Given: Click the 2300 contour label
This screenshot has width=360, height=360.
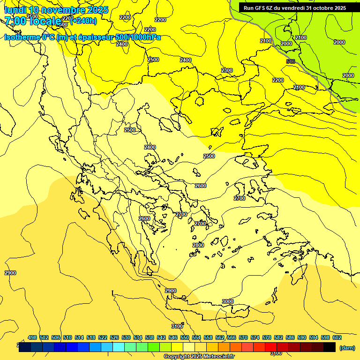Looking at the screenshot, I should point(227,70).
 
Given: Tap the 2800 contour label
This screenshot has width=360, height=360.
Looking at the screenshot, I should point(198,245).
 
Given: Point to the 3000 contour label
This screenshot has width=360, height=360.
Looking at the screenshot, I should point(228,301).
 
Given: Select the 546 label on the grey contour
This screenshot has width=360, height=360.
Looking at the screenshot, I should point(291,61).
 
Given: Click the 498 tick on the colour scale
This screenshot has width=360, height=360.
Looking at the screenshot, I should point(32,337).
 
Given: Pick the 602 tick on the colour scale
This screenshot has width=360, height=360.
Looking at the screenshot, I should point(337,337).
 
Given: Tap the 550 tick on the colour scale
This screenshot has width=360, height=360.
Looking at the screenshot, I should point(185,337).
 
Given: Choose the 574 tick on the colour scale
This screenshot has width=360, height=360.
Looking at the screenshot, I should point(255,337).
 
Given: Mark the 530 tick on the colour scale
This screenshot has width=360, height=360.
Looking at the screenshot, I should point(126,337).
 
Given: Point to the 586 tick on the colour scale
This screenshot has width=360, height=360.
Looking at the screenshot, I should point(290,337).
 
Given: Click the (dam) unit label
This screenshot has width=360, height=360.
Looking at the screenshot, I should point(347,347).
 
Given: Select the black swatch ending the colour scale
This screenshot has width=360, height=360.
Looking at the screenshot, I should point(330,347).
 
